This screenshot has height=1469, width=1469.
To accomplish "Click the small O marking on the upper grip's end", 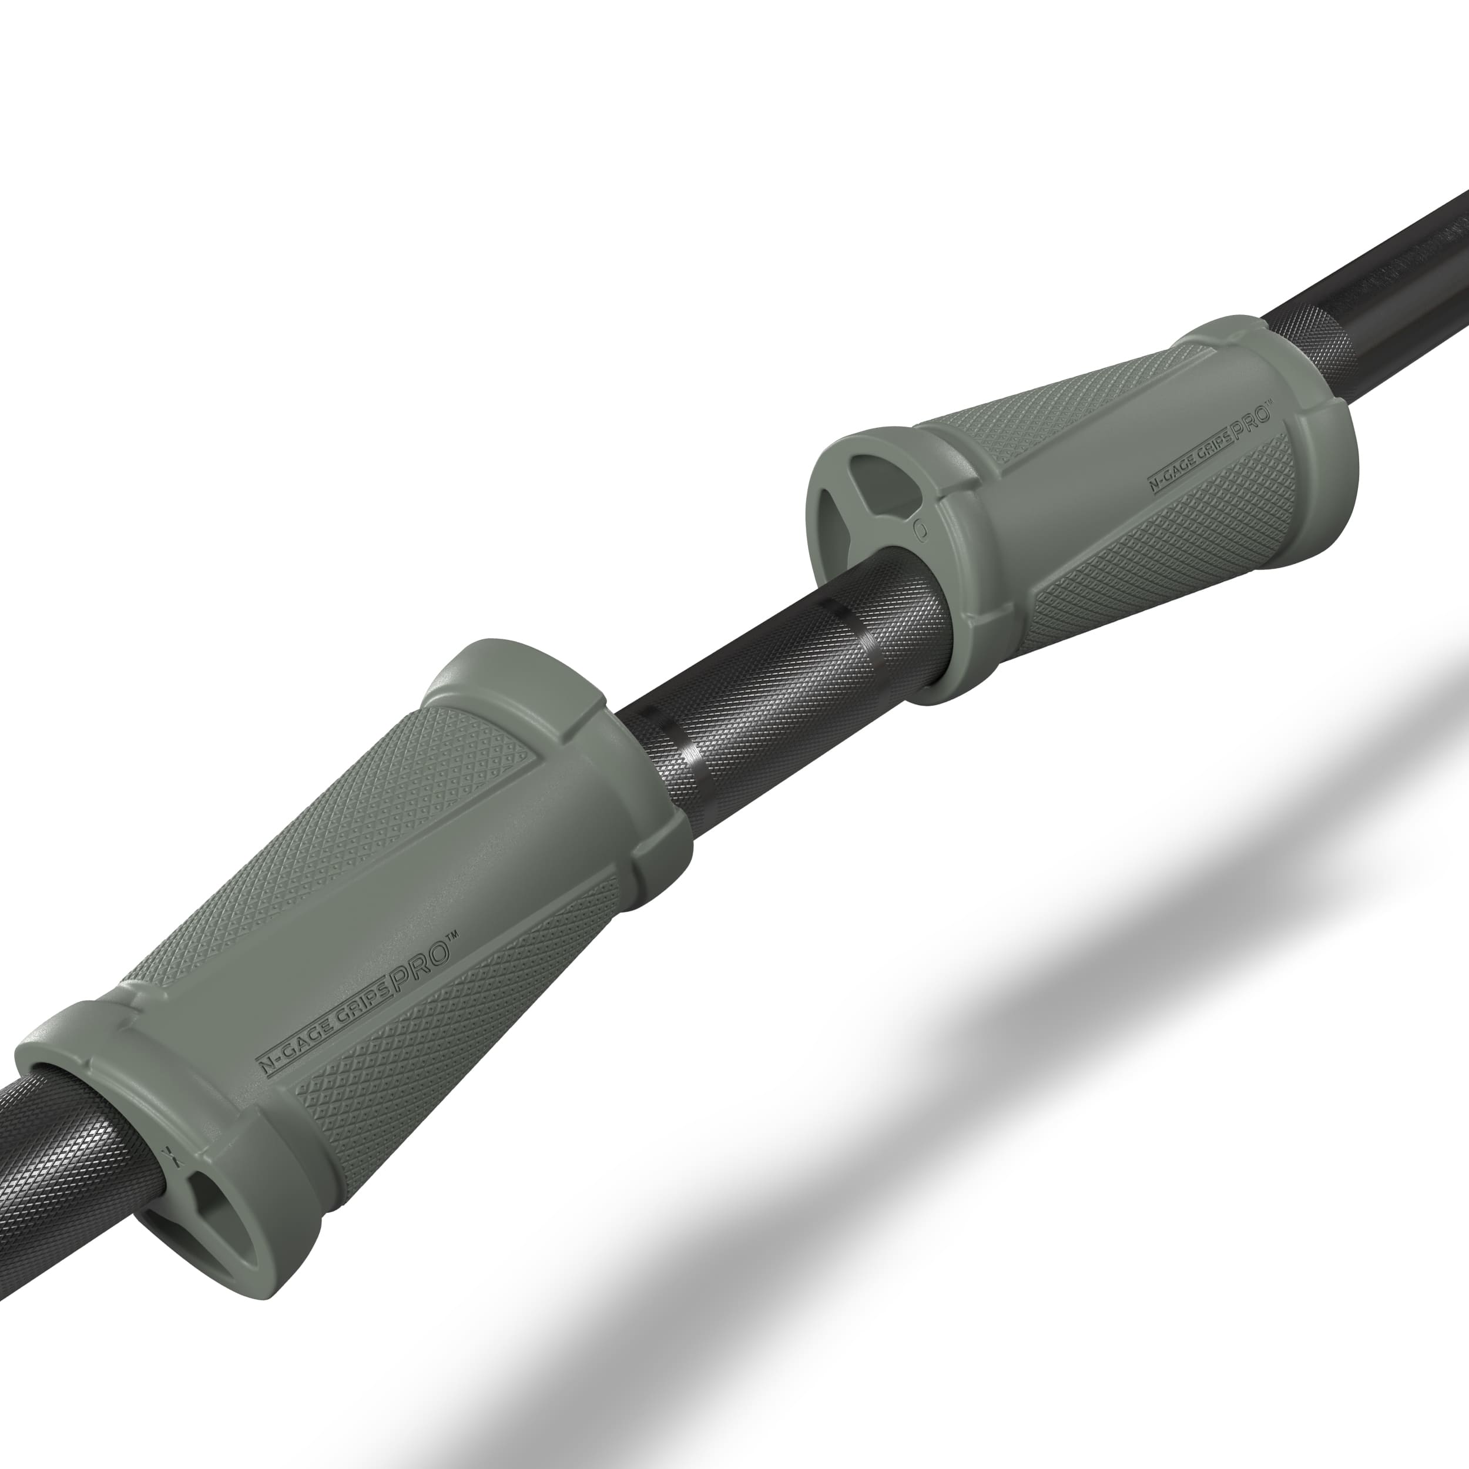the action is tap(920, 526).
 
